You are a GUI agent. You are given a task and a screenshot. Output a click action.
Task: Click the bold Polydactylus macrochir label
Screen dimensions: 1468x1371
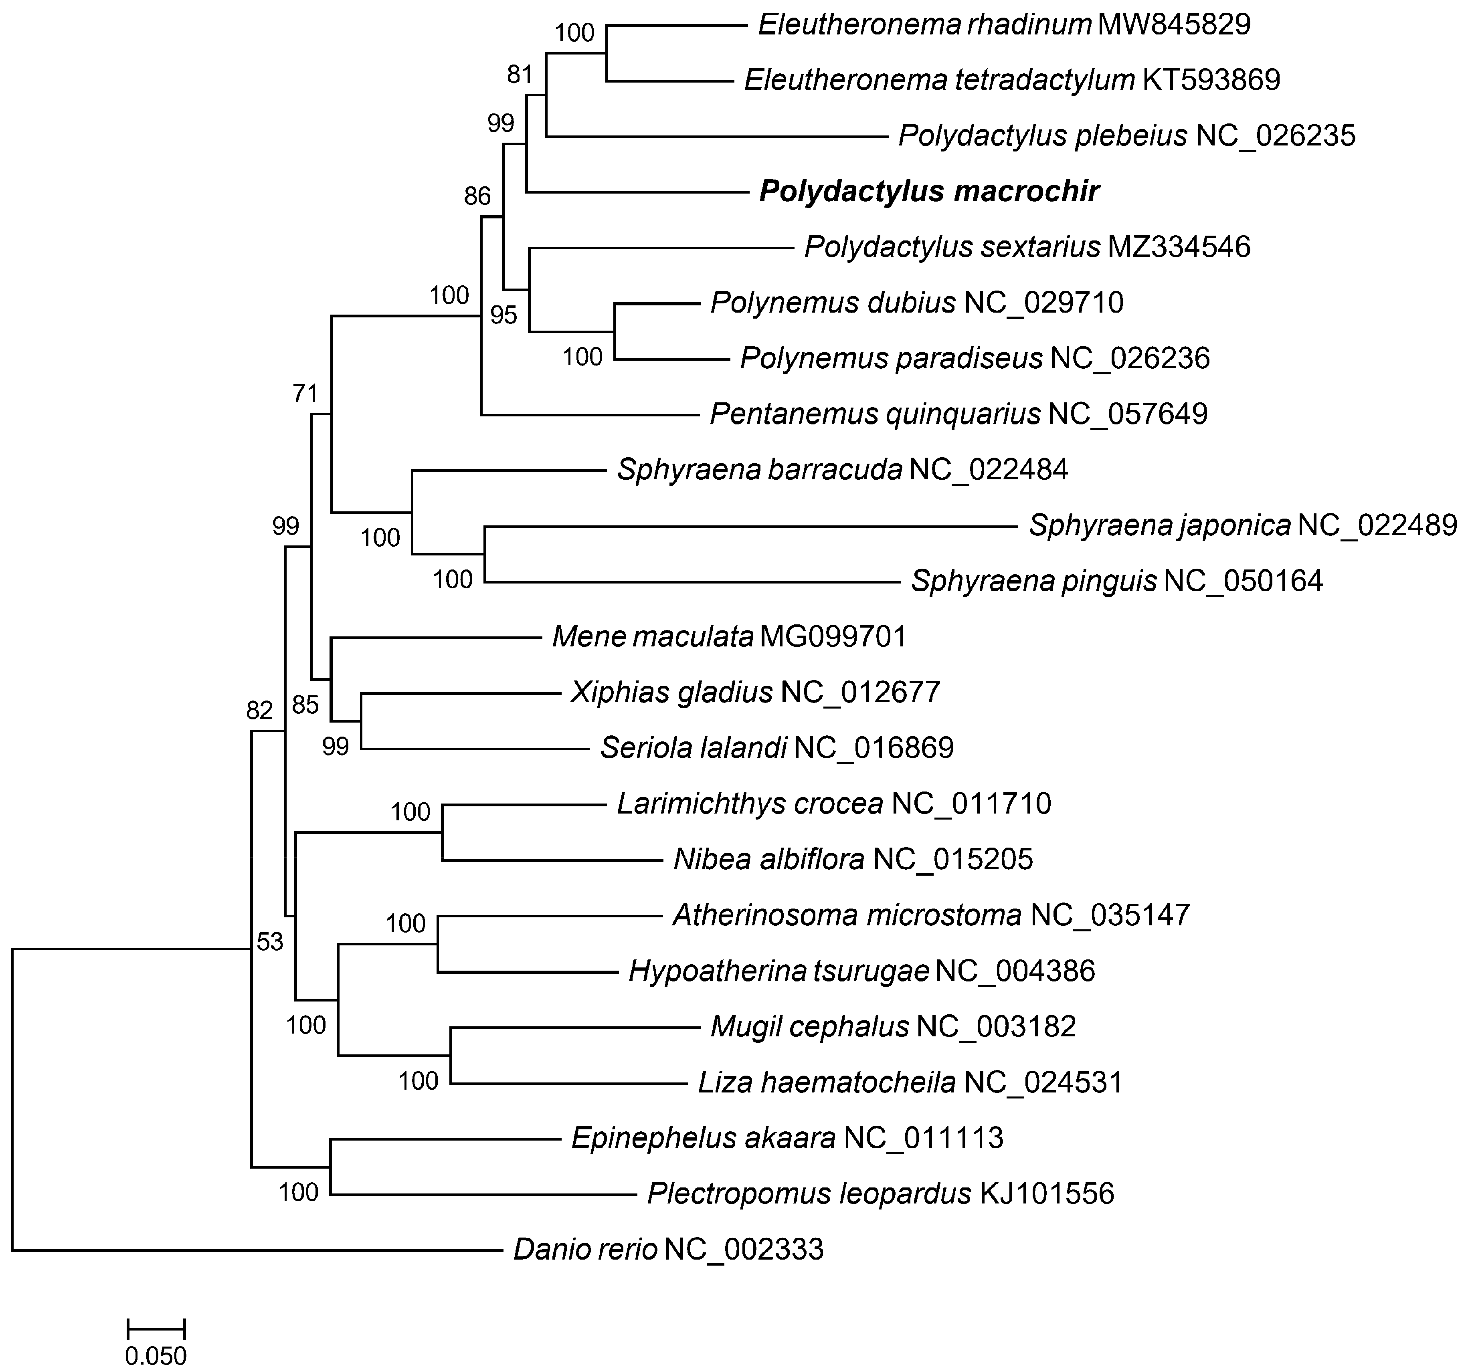pyautogui.click(x=929, y=192)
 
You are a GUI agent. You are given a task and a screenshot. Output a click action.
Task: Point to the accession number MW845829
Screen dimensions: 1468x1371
pyautogui.click(x=1174, y=25)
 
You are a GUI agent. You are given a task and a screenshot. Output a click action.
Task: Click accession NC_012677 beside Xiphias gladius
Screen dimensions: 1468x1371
pyautogui.click(x=860, y=693)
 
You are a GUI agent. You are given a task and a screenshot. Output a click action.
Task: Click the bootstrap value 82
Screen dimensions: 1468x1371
pyautogui.click(x=260, y=710)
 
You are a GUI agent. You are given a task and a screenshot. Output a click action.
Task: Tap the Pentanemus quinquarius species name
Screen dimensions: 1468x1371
pyautogui.click(x=875, y=414)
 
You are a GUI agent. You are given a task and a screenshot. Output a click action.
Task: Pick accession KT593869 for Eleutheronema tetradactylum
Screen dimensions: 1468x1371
pyautogui.click(x=1211, y=80)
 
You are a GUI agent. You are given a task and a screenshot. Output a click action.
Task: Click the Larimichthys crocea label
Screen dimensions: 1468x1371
pyautogui.click(x=750, y=803)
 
